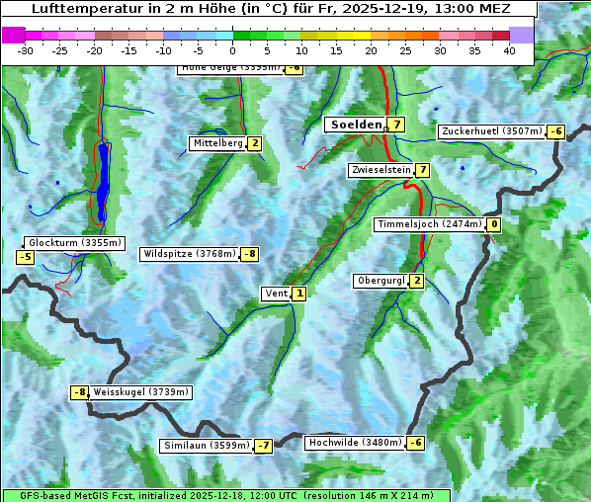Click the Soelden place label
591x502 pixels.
[x=356, y=125]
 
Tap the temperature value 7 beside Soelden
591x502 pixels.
[x=396, y=125]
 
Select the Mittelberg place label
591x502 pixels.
[x=217, y=143]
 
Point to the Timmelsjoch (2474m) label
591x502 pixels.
[x=430, y=224]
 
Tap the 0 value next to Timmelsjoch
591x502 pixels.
[x=493, y=224]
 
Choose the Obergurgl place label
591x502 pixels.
[x=380, y=281]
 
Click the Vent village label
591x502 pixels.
[x=276, y=293]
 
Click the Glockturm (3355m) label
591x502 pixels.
[x=75, y=243]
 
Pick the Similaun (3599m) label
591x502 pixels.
[x=206, y=446]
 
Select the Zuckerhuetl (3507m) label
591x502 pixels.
[x=492, y=131]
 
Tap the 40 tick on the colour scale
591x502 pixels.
[x=509, y=50]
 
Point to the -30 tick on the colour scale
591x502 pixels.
[x=26, y=50]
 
